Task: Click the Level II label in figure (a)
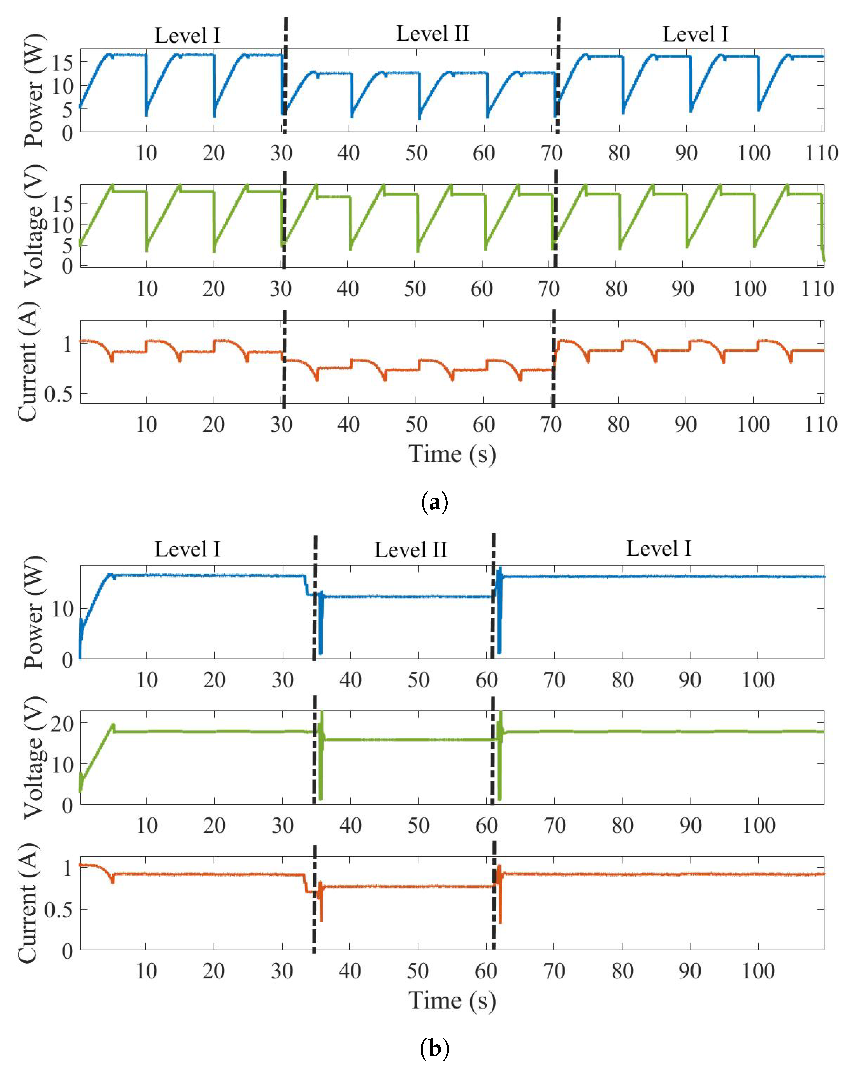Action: [x=432, y=34]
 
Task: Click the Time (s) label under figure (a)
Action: [x=452, y=454]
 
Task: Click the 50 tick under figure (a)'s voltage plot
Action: [x=415, y=289]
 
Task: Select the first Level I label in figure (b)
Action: [x=187, y=549]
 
